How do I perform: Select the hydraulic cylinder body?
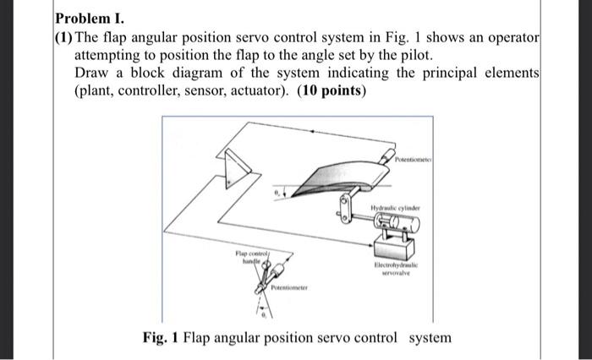(x=394, y=223)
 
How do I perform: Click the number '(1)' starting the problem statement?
(x=65, y=37)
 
